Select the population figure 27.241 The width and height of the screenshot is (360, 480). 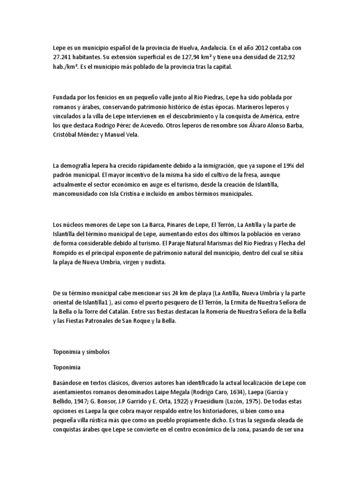(63, 57)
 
